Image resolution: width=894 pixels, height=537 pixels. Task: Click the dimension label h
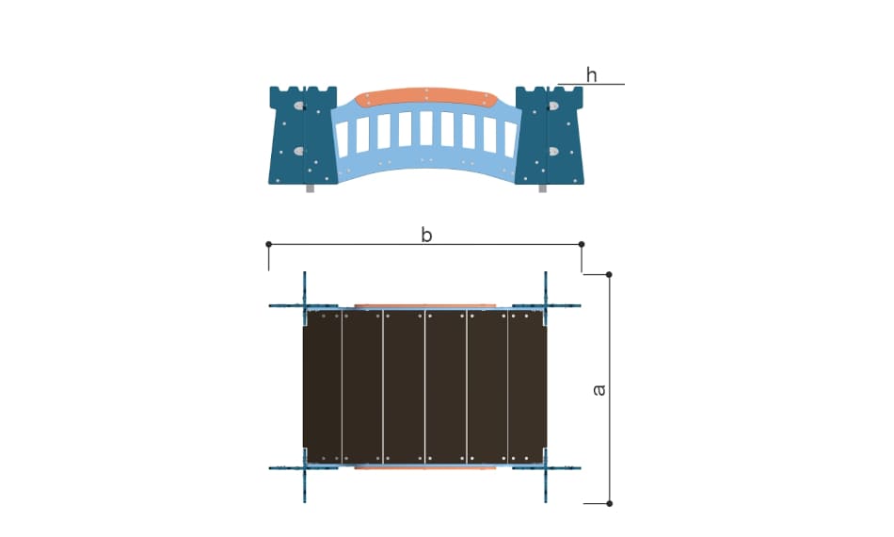coord(592,74)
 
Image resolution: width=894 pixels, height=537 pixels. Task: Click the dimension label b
coord(426,235)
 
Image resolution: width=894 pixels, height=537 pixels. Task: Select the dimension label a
coord(599,390)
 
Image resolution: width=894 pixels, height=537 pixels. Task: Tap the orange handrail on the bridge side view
coord(426,96)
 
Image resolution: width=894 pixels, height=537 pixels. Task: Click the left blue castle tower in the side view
coord(303,136)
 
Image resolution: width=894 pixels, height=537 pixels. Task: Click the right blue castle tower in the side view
coord(550,136)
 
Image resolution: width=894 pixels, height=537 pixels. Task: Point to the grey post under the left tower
coord(311,188)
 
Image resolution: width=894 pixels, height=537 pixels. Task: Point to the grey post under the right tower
coord(542,188)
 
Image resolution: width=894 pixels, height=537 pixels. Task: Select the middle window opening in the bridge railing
coord(426,128)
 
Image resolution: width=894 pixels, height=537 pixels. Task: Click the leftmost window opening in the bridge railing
coord(343,139)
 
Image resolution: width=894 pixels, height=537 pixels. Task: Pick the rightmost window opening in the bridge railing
coord(510,139)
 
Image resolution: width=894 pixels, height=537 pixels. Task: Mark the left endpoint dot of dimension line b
coord(268,244)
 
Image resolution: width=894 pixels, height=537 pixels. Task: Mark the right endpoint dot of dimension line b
coord(582,244)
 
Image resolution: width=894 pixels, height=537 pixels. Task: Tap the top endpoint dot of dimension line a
coord(609,274)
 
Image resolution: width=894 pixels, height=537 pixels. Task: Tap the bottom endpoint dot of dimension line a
coord(609,503)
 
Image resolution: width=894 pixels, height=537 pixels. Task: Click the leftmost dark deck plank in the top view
coord(322,387)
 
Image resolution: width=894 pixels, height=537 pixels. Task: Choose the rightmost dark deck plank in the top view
coord(527,387)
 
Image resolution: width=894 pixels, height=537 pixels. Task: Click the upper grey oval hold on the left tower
coord(299,106)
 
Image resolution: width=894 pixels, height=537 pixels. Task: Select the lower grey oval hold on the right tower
coord(553,152)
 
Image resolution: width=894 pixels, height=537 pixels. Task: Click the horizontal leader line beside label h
coord(591,85)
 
